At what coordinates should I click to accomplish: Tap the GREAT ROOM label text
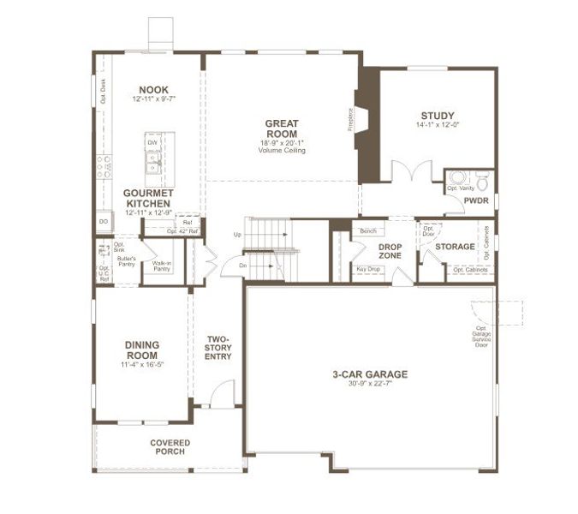(x=281, y=128)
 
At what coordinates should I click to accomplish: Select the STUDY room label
(x=437, y=116)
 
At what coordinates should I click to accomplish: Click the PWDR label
(x=475, y=201)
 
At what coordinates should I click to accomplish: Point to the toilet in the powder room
(x=482, y=182)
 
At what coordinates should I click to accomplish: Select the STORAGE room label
(x=455, y=247)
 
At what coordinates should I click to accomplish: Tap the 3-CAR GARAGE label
(x=370, y=374)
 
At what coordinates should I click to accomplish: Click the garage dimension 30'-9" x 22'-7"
(x=370, y=384)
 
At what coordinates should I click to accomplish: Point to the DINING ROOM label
(x=142, y=350)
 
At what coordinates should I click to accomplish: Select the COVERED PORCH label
(x=170, y=447)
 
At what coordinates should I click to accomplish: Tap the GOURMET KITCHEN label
(x=149, y=199)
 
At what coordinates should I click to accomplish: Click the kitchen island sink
(x=154, y=158)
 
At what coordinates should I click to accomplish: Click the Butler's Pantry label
(x=127, y=260)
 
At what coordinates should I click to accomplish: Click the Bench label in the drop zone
(x=368, y=231)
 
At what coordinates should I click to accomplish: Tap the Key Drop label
(x=368, y=270)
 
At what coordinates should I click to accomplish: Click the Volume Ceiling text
(x=281, y=150)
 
